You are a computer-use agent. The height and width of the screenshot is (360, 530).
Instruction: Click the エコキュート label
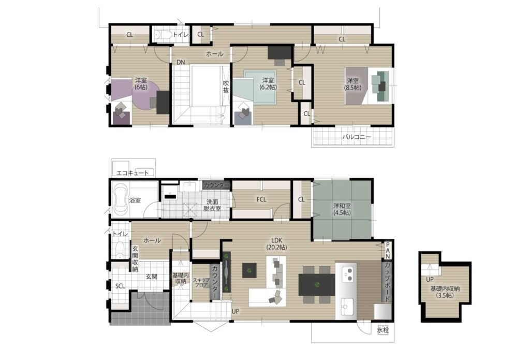click(132, 173)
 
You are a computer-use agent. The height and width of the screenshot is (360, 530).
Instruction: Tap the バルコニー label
click(357, 137)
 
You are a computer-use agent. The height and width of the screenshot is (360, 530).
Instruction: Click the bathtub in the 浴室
click(120, 200)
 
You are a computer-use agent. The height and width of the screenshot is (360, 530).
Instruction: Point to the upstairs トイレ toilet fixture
click(163, 35)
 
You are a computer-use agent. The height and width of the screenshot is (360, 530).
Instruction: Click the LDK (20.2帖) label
click(276, 243)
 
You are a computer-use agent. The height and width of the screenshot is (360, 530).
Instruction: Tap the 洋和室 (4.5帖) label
click(342, 209)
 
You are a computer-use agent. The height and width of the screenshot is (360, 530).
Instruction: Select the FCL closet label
click(261, 199)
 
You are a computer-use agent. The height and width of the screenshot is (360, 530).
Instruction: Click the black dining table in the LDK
click(317, 284)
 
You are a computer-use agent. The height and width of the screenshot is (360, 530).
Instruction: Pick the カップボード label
click(387, 281)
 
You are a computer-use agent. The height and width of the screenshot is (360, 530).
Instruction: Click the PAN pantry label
click(388, 250)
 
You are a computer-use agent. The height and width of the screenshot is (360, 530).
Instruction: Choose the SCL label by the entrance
click(120, 286)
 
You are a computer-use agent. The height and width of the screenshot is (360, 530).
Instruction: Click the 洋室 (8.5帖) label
click(352, 84)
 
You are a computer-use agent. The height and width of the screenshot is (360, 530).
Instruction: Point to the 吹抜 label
click(226, 87)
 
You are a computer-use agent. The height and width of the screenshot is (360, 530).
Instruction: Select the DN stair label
click(181, 62)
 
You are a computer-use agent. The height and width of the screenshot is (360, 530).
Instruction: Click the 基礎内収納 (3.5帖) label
click(445, 292)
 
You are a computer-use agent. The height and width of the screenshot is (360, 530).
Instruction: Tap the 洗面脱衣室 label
click(212, 205)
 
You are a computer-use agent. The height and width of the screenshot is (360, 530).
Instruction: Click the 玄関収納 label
click(135, 259)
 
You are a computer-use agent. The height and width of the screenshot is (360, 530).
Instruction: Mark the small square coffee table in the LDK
click(249, 270)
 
